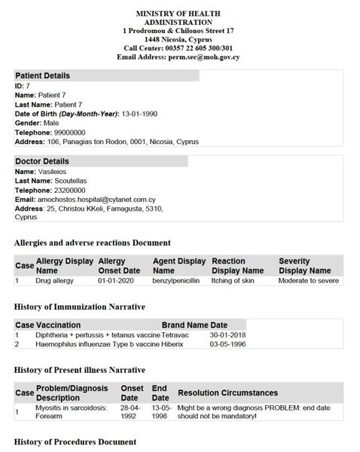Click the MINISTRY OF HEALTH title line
click(x=180, y=14)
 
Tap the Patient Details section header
click(x=42, y=76)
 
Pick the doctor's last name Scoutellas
click(x=70, y=181)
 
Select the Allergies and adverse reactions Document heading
click(x=93, y=243)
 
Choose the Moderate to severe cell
click(x=308, y=280)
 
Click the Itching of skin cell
click(x=233, y=280)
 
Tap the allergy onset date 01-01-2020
click(x=118, y=280)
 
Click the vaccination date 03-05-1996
click(x=226, y=344)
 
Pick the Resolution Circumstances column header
click(x=227, y=392)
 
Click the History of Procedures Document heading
click(x=75, y=441)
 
